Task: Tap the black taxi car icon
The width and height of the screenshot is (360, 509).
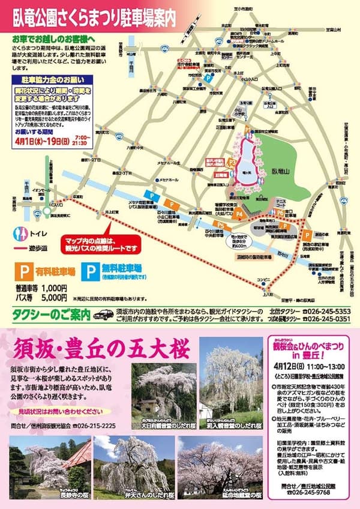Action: tap(103, 313)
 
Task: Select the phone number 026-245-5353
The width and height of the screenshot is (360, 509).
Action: tap(328, 311)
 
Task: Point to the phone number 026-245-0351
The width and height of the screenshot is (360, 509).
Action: tap(328, 319)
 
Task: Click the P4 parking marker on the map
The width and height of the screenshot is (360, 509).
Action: tap(239, 213)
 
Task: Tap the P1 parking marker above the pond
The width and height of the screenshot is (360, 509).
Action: tap(247, 128)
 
